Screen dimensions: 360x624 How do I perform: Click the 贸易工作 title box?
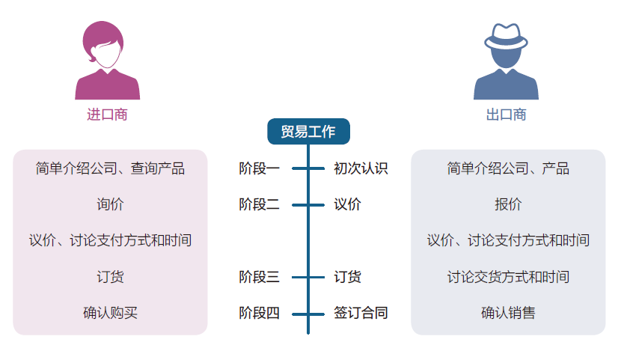tap(308, 132)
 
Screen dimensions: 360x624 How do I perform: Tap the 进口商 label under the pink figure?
tap(107, 115)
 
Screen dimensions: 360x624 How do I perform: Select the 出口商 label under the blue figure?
tap(506, 115)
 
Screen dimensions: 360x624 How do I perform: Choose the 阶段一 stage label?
tap(259, 168)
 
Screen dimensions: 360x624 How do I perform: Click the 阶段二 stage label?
tap(259, 204)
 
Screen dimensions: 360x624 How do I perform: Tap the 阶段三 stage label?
tap(259, 277)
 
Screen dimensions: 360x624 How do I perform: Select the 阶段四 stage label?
tap(259, 313)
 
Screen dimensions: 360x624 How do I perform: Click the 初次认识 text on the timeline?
tap(361, 168)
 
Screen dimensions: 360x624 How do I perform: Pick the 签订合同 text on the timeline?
tap(361, 313)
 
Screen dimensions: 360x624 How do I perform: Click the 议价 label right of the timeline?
tap(347, 204)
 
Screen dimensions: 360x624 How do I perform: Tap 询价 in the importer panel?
tap(110, 204)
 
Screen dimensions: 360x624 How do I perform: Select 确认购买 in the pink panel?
tap(110, 313)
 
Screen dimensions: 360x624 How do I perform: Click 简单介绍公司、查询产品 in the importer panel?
tap(110, 168)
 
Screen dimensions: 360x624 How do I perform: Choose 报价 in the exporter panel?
tap(508, 204)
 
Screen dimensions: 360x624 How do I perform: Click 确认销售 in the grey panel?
tap(508, 313)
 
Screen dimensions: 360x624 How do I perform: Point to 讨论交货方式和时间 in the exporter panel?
tap(508, 277)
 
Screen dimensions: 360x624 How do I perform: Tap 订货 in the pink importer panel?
tap(110, 277)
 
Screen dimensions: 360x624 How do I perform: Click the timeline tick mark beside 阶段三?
tap(308, 277)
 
